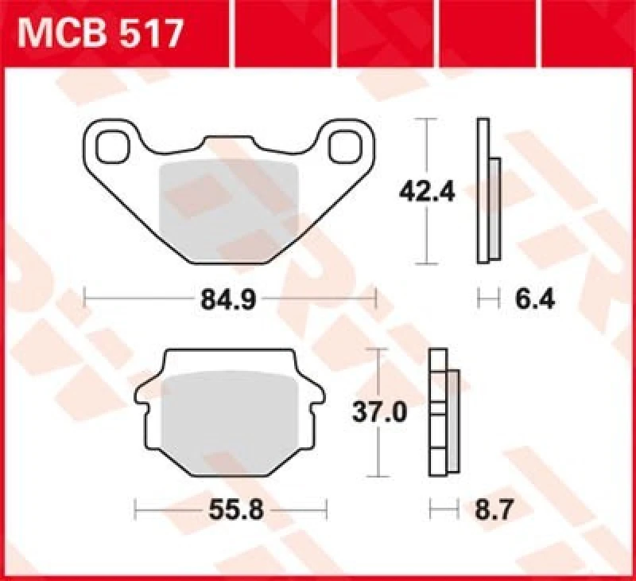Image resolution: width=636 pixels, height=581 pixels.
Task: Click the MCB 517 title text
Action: coord(102,33)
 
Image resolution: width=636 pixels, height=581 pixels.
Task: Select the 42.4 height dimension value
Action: coord(426,191)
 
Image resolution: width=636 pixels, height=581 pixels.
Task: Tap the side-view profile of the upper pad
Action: coord(487,191)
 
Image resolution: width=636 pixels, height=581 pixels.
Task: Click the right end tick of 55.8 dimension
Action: coord(326,508)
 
